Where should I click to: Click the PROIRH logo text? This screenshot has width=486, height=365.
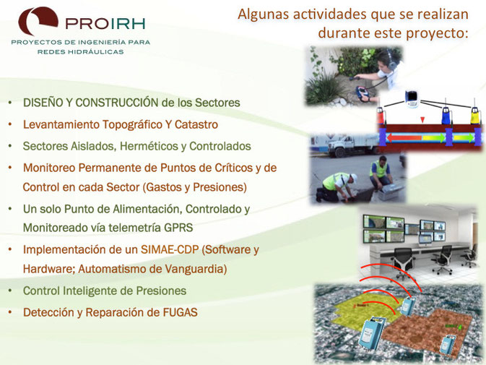[105, 24]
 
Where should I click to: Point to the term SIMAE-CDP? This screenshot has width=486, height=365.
[170, 249]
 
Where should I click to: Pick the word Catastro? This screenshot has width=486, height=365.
[196, 124]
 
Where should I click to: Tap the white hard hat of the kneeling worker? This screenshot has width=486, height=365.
[354, 178]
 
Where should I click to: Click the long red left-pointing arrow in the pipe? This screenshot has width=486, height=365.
[404, 137]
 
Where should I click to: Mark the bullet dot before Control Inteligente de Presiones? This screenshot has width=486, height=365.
[10, 291]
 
